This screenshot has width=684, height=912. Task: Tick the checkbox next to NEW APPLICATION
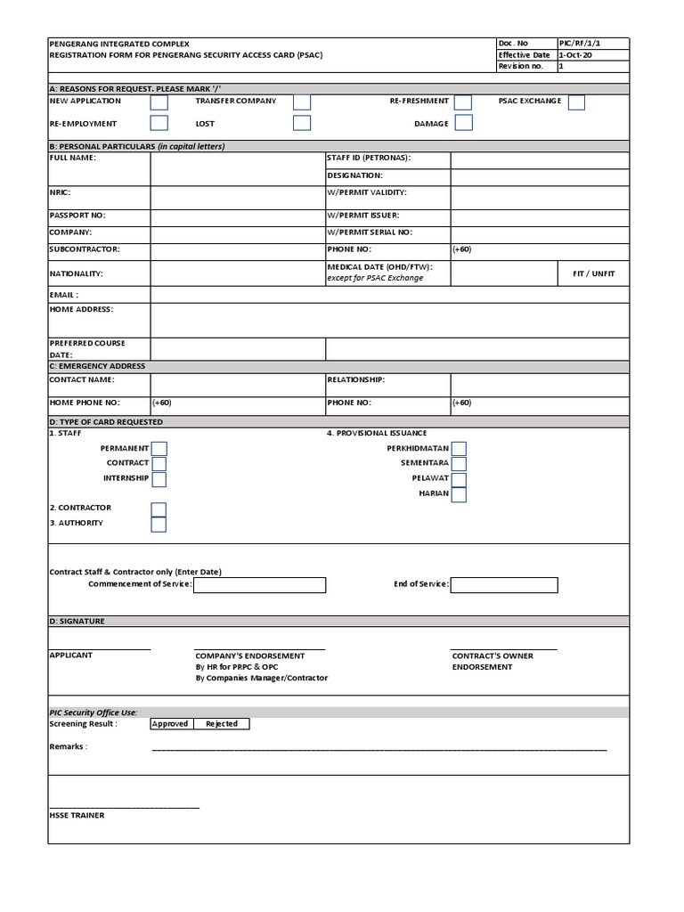(159, 102)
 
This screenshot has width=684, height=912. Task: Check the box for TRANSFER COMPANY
(302, 102)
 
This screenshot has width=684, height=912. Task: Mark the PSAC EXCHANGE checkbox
(576, 102)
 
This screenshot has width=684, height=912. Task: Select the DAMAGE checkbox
(463, 123)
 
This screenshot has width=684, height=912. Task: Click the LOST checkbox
(302, 123)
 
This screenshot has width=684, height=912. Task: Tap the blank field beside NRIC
(237, 193)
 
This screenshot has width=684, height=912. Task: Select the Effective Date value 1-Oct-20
(574, 55)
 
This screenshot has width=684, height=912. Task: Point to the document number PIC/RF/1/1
(579, 43)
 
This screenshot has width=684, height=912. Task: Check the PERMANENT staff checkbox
(159, 449)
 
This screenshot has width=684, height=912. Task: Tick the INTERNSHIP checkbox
(159, 479)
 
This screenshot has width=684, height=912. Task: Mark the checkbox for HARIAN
(458, 494)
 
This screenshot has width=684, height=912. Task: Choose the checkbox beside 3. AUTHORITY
(159, 524)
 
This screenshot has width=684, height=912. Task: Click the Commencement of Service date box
(259, 585)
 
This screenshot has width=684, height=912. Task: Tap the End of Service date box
(504, 585)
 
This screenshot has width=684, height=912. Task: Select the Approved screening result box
(170, 724)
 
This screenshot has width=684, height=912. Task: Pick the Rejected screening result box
(222, 724)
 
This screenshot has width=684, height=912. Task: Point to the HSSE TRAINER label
(77, 815)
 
